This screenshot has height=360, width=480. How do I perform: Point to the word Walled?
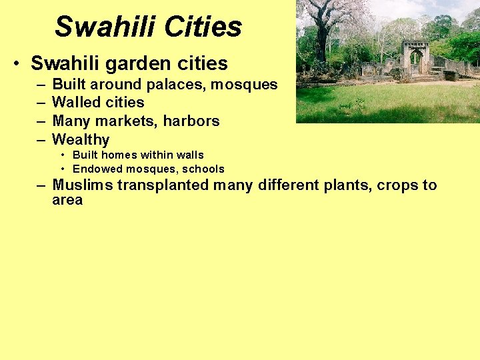75,103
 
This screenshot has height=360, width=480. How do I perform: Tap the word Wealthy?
81,140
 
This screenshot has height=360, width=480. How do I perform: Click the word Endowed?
95,169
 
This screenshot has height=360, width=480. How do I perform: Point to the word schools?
203,169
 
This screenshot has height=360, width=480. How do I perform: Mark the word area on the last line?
67,200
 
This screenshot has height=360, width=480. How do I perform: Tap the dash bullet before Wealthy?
41,140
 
